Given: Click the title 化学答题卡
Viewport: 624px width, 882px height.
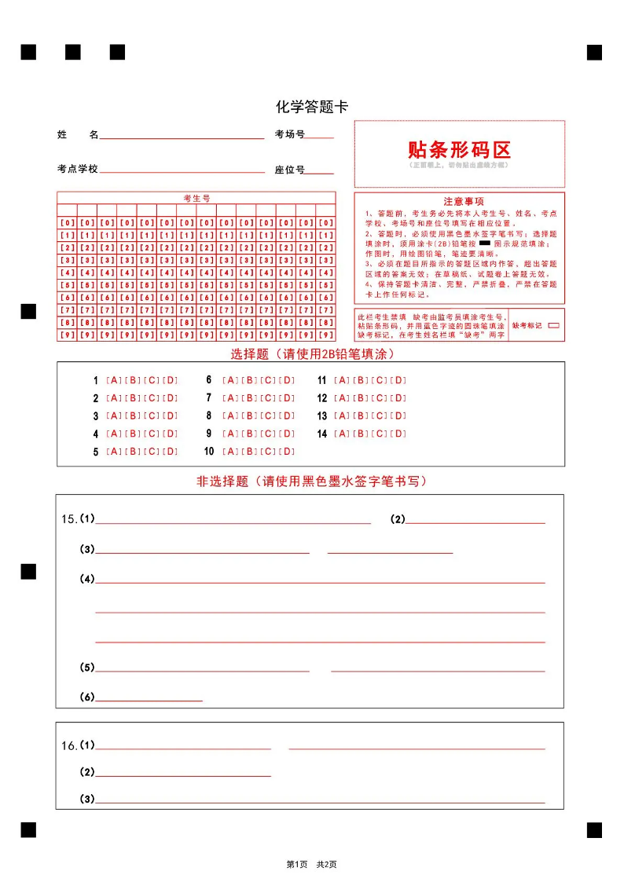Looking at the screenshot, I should [312, 107].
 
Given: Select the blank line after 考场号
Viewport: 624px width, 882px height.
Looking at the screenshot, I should [319, 137].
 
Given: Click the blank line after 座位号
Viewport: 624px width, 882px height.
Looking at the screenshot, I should [319, 173].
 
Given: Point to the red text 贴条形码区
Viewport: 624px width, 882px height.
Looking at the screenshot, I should [459, 149].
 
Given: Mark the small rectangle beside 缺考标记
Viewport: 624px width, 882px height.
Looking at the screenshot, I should [553, 324].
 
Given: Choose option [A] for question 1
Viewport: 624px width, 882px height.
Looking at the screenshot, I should [113, 380].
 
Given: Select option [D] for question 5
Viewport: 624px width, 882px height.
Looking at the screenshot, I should [171, 452].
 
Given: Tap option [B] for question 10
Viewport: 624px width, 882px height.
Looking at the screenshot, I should [249, 452].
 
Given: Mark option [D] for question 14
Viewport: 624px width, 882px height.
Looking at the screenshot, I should [399, 434].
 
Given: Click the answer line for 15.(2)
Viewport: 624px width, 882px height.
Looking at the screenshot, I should [475, 522].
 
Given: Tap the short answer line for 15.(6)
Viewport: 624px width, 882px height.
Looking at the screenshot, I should [149, 699].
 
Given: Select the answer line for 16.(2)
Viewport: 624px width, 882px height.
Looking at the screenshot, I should [183, 775].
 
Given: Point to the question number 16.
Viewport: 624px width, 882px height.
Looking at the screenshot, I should [69, 745].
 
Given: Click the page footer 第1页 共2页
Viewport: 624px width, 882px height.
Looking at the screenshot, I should [312, 864].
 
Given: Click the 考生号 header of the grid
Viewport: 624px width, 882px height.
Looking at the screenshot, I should [196, 198].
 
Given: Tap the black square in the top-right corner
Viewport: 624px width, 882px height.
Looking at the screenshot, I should [594, 53].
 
